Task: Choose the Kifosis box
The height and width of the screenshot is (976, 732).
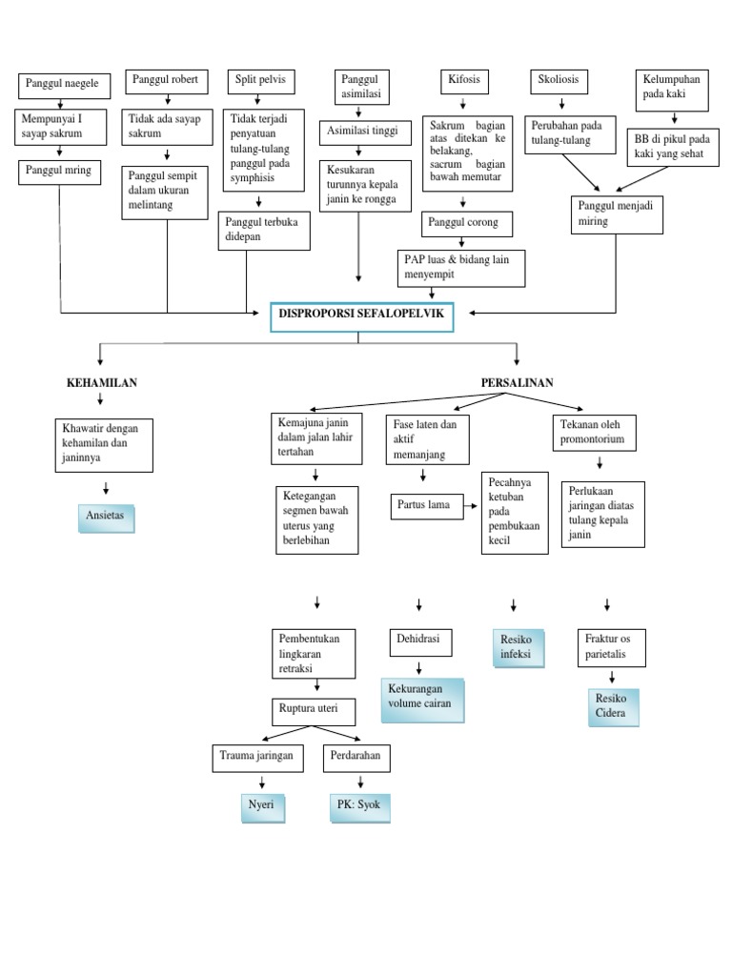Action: click(x=464, y=82)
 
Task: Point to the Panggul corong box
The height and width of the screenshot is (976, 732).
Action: click(x=468, y=225)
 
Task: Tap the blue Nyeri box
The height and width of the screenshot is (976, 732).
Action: click(x=262, y=805)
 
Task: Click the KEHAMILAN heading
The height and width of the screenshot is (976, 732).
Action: click(x=102, y=383)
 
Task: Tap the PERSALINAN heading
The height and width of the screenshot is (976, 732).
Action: click(x=518, y=383)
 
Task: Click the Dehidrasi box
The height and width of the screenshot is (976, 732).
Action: click(x=420, y=641)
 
